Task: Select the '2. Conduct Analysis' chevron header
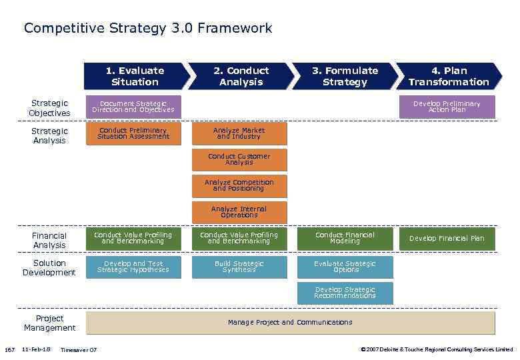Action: (x=241, y=76)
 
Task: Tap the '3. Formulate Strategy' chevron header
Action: (x=345, y=76)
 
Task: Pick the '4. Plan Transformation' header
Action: (x=449, y=76)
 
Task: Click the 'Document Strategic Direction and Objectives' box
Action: (x=133, y=107)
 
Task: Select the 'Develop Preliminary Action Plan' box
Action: (x=447, y=107)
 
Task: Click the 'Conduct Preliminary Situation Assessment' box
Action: (x=133, y=133)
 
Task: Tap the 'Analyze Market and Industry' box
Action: (x=239, y=133)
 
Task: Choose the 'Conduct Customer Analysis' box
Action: (x=239, y=159)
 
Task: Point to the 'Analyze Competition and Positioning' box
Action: (x=239, y=185)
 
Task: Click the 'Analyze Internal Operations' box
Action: (x=239, y=212)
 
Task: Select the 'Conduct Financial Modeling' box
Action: (x=345, y=238)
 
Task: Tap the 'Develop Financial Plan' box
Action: (x=447, y=239)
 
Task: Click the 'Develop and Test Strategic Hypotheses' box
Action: (x=133, y=267)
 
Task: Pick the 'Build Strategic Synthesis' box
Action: (x=239, y=267)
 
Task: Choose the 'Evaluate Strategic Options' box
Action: (x=345, y=267)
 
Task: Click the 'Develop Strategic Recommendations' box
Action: (x=345, y=293)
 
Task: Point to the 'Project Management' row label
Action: (x=49, y=323)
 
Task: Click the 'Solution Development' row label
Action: (x=49, y=267)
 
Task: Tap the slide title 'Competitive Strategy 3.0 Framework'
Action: (x=148, y=28)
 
